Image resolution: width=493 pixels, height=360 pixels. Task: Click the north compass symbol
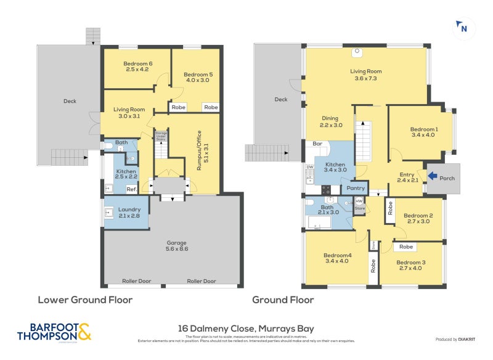click(463, 27)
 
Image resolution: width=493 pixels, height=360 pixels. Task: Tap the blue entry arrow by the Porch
click(434, 176)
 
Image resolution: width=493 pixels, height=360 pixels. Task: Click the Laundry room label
click(129, 213)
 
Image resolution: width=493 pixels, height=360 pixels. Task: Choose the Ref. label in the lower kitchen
click(131, 189)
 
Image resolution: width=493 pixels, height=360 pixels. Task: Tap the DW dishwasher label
click(310, 166)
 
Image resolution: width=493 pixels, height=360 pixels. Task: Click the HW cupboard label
click(359, 201)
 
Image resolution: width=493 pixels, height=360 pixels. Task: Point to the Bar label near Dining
click(317, 144)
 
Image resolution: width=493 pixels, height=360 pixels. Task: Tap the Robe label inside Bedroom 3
click(406, 247)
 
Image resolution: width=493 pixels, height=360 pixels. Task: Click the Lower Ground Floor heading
click(85, 300)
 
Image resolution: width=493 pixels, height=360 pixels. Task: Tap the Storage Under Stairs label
click(161, 137)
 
